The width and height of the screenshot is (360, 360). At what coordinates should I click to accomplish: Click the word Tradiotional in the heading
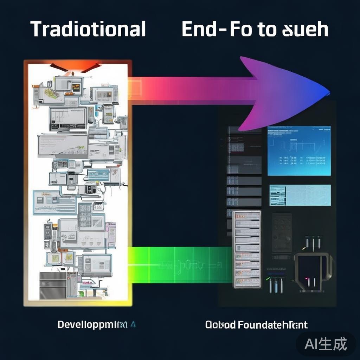(x=88, y=29)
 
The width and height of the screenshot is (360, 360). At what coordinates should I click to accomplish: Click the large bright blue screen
(x=299, y=150)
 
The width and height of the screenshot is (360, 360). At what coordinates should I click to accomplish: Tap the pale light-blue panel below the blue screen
(x=300, y=195)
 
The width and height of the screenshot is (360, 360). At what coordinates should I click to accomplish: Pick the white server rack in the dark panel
(x=247, y=249)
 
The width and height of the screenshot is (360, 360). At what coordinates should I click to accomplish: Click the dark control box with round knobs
(x=282, y=232)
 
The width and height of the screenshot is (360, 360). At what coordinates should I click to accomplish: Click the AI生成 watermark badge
(x=326, y=343)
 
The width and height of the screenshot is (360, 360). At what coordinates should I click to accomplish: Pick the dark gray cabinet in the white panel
(x=53, y=285)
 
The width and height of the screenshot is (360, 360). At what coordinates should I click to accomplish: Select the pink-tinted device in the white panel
(x=111, y=233)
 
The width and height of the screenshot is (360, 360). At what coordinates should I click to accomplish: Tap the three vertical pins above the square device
(x=313, y=242)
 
